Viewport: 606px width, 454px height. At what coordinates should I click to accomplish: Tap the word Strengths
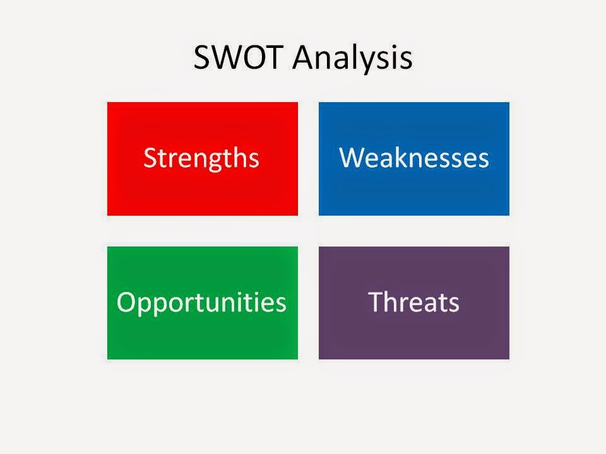coord(201,158)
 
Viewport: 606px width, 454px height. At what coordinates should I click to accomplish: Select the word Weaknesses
coord(414,158)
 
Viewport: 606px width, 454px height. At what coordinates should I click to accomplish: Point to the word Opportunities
coord(201,303)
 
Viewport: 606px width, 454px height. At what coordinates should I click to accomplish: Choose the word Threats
coord(414,303)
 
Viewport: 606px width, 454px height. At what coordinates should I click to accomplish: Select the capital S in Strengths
coord(150,158)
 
